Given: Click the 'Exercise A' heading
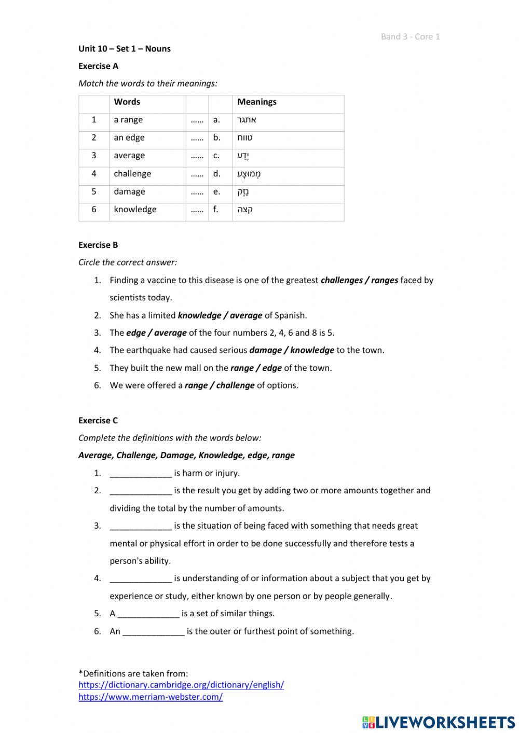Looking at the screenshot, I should (98, 66).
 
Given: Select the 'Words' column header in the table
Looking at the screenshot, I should (127, 102).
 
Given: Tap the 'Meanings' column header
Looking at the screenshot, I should (257, 102).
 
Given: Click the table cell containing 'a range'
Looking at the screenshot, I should (128, 120).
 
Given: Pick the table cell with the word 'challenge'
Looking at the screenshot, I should (132, 174).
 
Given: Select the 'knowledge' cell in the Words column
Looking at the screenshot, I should (135, 210).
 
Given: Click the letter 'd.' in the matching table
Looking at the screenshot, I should (216, 174).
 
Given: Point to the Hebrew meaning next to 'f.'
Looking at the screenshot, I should (245, 210).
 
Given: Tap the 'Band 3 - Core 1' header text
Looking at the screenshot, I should (410, 36).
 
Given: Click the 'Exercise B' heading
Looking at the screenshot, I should (98, 245).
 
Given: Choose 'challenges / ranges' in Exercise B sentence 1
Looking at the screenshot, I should (359, 280).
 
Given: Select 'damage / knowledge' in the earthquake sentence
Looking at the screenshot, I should (292, 350).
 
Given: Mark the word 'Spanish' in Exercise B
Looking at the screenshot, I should (290, 315).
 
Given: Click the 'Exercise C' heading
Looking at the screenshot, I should (98, 420).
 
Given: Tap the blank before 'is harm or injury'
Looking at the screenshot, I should (141, 473).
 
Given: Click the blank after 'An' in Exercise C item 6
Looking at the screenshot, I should (154, 631).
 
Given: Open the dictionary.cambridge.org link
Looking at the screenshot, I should (181, 685).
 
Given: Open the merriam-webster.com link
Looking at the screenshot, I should (151, 697).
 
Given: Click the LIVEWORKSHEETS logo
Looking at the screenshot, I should (439, 722).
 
